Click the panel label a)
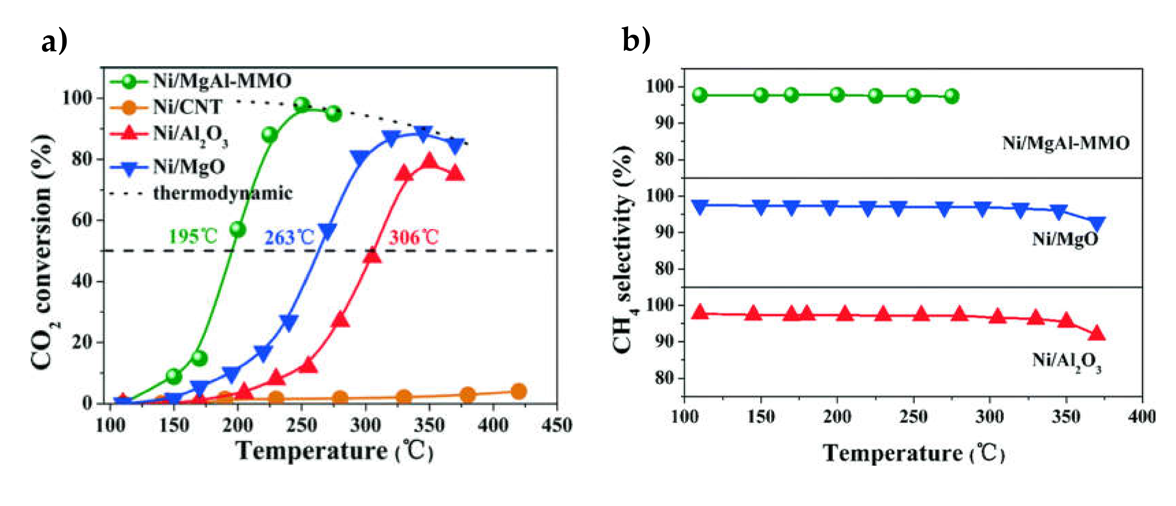(x=54, y=41)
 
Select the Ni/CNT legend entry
(x=187, y=107)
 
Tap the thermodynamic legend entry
(x=222, y=193)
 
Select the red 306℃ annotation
(x=414, y=238)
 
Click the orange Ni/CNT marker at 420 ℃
(x=518, y=391)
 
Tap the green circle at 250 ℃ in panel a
(x=301, y=105)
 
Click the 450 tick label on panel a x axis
(x=556, y=426)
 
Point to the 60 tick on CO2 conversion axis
(x=82, y=220)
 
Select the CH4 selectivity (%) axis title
(x=625, y=249)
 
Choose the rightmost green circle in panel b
(x=951, y=96)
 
